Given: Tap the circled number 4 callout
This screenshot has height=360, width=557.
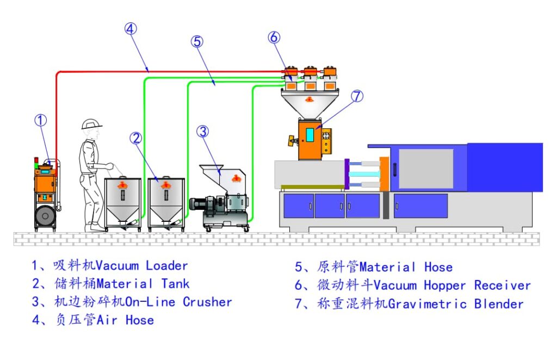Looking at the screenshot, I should [x=130, y=29].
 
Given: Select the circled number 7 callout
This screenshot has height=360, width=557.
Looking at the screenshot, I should [x=356, y=96].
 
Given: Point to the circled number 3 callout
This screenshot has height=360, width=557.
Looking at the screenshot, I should [x=202, y=132].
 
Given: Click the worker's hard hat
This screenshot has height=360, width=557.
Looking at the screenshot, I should [x=91, y=124].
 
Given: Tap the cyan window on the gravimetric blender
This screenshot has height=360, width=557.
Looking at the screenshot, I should [x=310, y=134].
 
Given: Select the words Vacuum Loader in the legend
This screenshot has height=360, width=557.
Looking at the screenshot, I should [x=141, y=266].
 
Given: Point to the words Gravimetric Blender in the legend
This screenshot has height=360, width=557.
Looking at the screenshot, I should [x=456, y=304].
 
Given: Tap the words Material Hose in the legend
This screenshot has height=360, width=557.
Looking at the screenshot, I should [x=406, y=267].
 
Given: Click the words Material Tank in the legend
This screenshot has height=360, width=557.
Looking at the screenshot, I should [x=143, y=284].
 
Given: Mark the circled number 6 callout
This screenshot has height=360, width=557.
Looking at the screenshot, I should [x=274, y=38].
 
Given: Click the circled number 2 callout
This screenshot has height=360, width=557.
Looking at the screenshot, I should [x=135, y=138].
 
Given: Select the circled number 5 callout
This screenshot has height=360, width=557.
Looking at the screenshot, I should [x=197, y=41].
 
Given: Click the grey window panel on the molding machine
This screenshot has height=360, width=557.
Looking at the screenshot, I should [x=425, y=169].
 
